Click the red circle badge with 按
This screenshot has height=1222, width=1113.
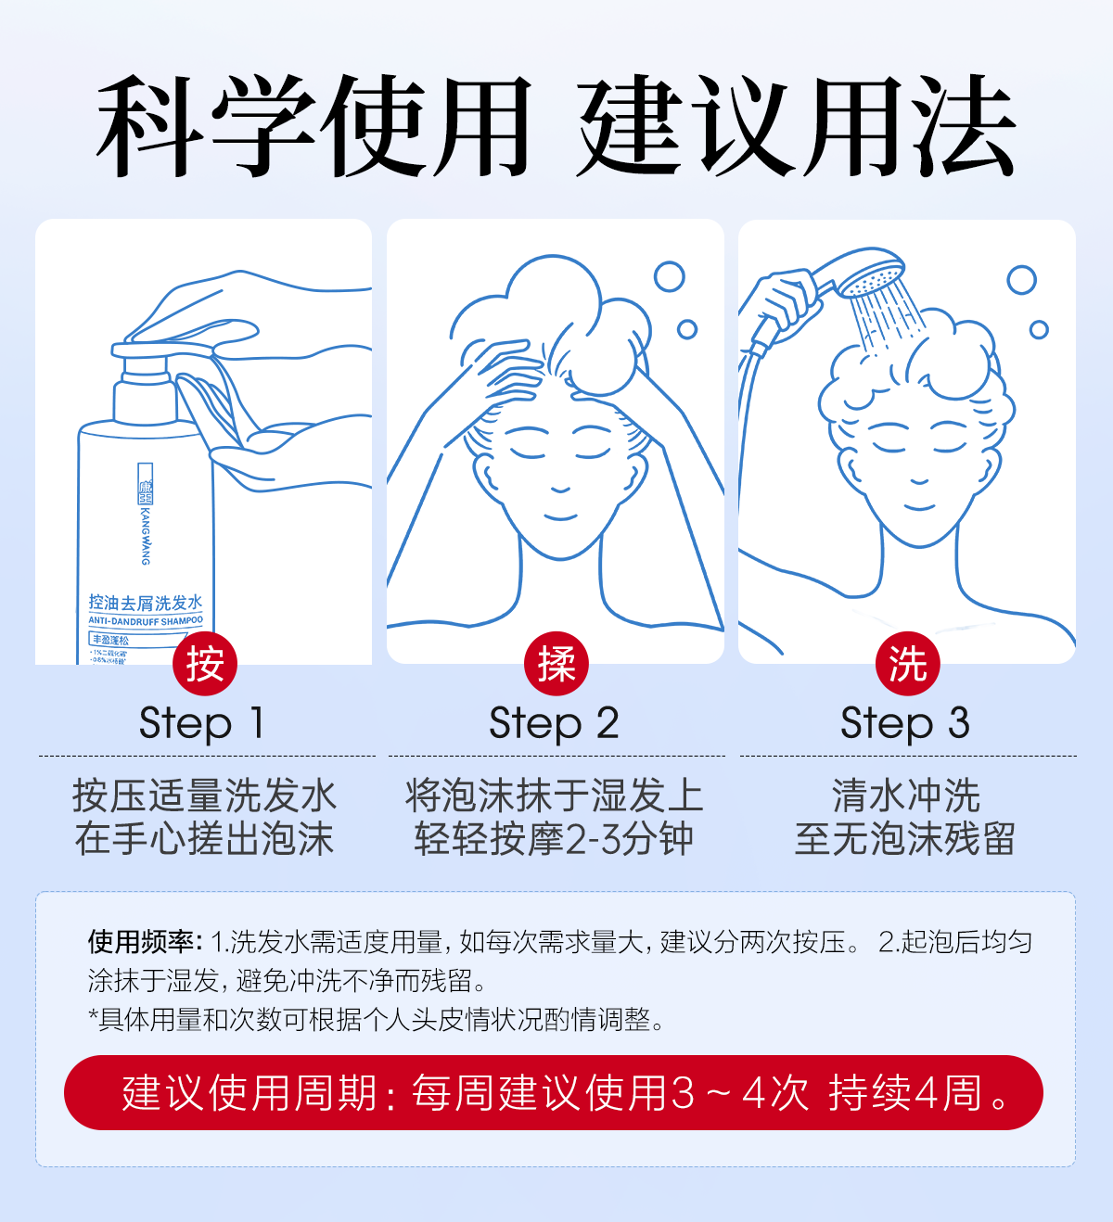[x=205, y=663]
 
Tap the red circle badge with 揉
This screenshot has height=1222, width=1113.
[x=556, y=663]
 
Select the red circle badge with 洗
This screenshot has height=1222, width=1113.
[x=907, y=663]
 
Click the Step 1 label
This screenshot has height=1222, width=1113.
[x=203, y=723]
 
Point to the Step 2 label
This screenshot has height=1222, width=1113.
[x=555, y=723]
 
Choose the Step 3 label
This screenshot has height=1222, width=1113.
[x=905, y=723]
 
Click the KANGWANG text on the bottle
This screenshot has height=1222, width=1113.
[x=146, y=535]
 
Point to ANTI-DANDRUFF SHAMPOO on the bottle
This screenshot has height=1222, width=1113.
[x=146, y=620]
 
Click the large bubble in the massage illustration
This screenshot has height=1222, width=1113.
[x=669, y=276]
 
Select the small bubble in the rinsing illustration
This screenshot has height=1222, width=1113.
[x=1039, y=329]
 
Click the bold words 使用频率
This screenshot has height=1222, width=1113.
[x=144, y=942]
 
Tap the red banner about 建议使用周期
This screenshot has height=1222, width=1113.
[x=554, y=1092]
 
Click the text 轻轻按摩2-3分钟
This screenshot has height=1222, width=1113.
[x=555, y=839]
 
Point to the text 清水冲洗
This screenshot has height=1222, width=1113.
[x=906, y=796]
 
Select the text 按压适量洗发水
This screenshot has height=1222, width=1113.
[x=204, y=796]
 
